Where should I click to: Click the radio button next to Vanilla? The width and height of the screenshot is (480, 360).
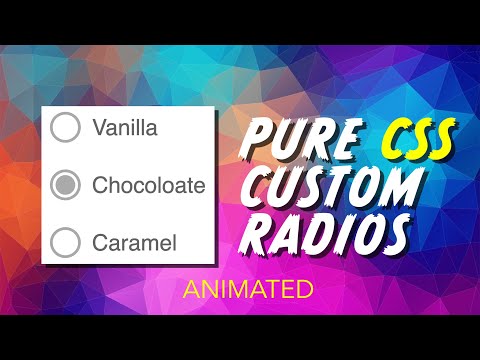65,128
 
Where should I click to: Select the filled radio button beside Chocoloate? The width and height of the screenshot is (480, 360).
65,185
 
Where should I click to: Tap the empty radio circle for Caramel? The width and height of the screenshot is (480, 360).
65,242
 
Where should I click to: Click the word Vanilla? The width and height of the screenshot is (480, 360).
125,128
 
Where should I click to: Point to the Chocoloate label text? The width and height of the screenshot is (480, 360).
148,185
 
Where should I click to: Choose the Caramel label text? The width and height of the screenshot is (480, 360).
134,242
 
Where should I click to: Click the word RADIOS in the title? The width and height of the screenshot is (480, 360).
330,236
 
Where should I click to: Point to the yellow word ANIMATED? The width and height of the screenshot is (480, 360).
248,291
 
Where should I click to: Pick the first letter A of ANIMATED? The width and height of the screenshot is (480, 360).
191,291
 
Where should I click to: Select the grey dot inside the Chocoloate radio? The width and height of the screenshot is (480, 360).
65,185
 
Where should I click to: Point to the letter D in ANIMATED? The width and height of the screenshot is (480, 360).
304,291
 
